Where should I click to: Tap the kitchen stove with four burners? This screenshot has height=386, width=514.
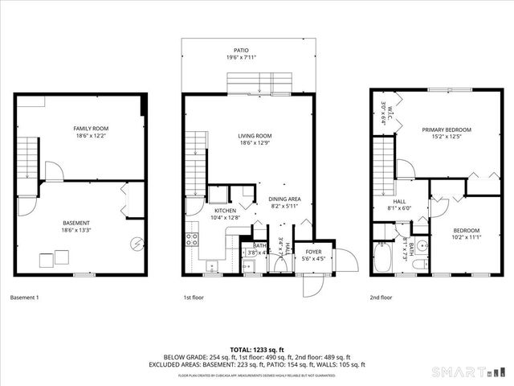pos(193,238)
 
